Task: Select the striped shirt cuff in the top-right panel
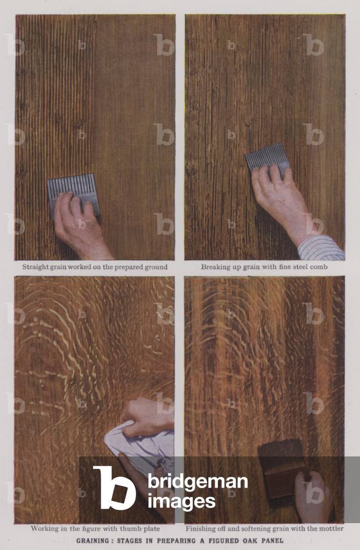click(321, 248)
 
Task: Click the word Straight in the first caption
click(36, 267)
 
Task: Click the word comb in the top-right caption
click(319, 267)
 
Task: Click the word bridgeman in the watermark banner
click(197, 482)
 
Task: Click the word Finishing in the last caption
click(202, 528)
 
